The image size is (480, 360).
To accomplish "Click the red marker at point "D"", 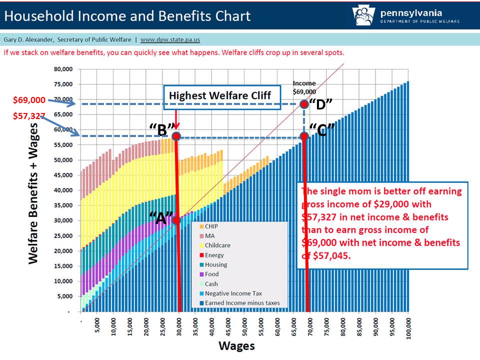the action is coord(304,104).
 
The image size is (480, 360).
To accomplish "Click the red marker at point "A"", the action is coord(176,220).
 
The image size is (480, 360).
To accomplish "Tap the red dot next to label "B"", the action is coord(176,136).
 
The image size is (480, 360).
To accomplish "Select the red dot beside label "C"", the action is coord(304,136).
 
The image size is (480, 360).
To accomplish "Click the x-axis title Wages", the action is coord(236,346).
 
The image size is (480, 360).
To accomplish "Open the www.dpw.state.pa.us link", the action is coord(170,40).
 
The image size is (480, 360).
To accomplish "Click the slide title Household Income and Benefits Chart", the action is coord(127,16).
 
